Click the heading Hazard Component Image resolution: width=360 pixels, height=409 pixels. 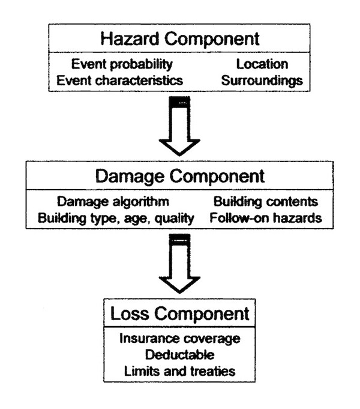point(180,39)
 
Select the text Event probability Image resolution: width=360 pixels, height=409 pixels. point(122,64)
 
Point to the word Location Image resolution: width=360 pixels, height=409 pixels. point(262,64)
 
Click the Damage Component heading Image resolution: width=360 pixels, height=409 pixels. point(180,177)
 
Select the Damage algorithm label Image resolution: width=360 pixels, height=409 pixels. point(113,202)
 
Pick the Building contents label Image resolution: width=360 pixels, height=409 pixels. point(265,202)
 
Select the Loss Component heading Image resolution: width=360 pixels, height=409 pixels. point(180,314)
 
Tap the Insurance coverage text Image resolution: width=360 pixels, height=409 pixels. point(180,339)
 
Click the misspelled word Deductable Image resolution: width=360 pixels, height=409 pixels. point(180,354)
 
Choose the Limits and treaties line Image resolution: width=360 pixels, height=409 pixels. point(180,371)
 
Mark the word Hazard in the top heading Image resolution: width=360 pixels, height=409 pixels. point(129,39)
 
